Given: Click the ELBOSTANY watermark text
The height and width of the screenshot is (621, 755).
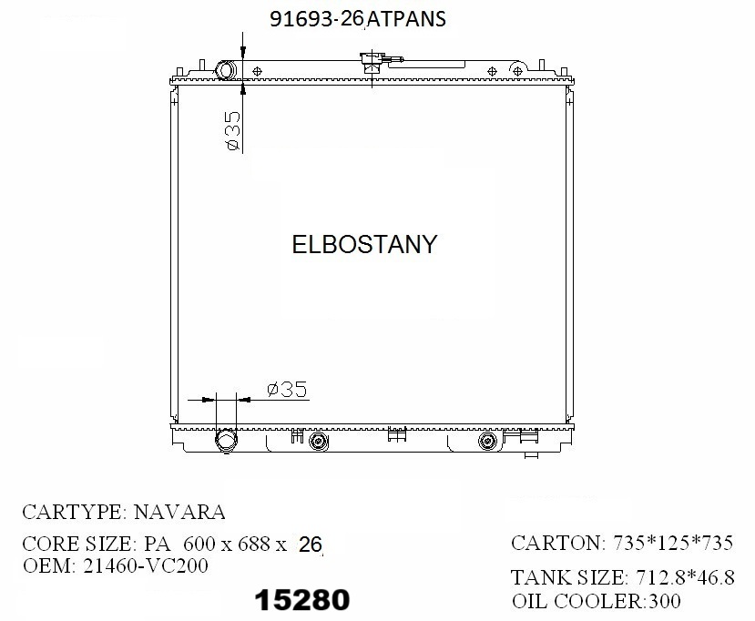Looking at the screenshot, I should (364, 244).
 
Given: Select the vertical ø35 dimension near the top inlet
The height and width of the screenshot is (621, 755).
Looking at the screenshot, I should (230, 129).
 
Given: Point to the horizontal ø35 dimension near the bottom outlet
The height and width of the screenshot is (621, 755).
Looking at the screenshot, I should (287, 389).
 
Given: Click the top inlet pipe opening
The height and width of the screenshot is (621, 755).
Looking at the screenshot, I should (226, 71).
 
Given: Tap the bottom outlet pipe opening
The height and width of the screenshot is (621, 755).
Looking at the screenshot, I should (225, 442).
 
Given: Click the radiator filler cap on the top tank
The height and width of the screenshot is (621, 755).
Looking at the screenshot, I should (371, 64).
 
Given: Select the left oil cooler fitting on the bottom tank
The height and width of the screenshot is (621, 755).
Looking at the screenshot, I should (318, 443).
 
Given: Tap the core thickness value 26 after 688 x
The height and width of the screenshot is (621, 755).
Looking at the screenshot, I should (311, 545).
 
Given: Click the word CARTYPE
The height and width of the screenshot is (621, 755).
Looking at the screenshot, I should (72, 512).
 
